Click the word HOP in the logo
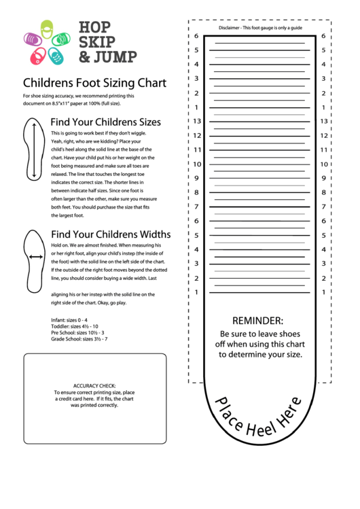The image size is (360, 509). [x=94, y=28]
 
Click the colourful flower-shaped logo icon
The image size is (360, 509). [x=47, y=43]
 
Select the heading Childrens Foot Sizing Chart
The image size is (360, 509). [x=94, y=84]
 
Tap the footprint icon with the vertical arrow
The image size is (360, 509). [x=33, y=147]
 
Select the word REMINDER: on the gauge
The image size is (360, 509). [x=258, y=320]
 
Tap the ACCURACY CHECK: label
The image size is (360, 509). [x=94, y=385]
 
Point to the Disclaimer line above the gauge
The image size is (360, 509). [x=260, y=28]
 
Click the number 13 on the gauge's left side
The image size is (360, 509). [x=197, y=121]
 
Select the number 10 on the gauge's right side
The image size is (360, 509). [x=323, y=164]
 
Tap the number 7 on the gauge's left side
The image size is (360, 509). [x=197, y=207]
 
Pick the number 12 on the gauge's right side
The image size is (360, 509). [x=323, y=135]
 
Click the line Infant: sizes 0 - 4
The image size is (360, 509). [x=69, y=319]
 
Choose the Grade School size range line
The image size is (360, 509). [x=79, y=339]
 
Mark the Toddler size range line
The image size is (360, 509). [x=75, y=326]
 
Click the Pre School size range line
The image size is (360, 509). [x=77, y=332]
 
